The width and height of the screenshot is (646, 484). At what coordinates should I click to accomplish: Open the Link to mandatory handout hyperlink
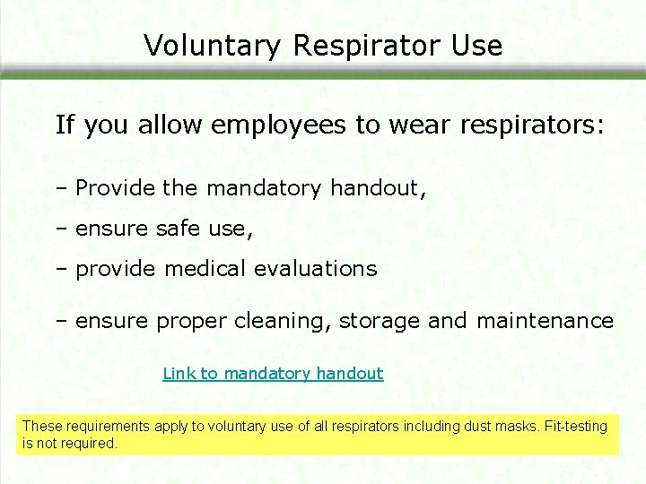(x=273, y=374)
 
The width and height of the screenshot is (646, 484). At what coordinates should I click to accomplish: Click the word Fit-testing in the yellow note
(x=576, y=427)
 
